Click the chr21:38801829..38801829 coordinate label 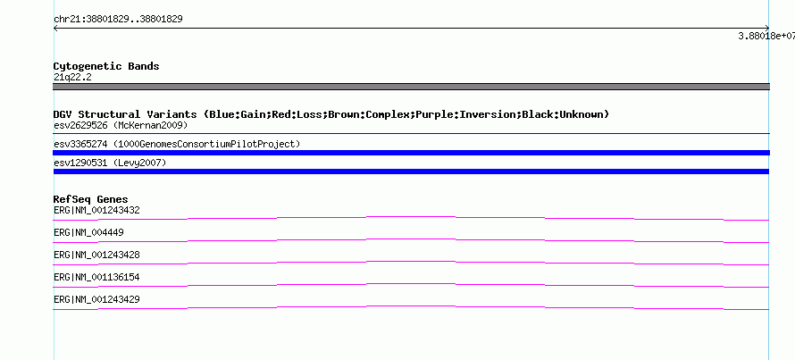point(118,20)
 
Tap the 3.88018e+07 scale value point(766,36)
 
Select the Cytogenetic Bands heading point(106,66)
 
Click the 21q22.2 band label point(72,78)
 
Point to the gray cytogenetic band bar point(411,87)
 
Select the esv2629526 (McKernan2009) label point(121,125)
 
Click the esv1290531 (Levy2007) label point(110,163)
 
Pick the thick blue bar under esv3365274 point(411,153)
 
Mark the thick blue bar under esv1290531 point(411,172)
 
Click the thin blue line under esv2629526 point(411,133)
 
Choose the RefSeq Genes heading point(91,200)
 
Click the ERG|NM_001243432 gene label point(96,211)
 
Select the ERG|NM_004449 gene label point(88,233)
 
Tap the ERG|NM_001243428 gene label point(96,255)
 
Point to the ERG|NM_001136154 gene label point(96,277)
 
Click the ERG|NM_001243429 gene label point(96,299)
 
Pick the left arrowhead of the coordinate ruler point(55,29)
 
